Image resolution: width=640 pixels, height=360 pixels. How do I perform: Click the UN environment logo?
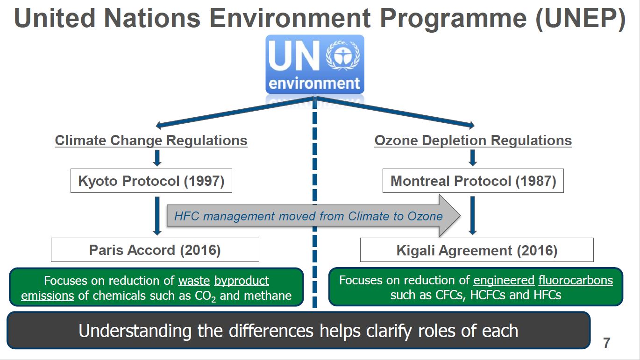pos(314,64)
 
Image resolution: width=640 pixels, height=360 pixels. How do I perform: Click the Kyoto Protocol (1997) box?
pos(151,181)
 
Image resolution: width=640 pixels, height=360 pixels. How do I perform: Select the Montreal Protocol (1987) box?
pos(473,181)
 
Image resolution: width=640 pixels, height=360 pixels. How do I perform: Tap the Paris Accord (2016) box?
pos(155,250)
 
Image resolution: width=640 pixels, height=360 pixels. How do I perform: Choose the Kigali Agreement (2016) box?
pos(477,250)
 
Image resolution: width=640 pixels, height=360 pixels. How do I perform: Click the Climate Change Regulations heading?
pos(151,141)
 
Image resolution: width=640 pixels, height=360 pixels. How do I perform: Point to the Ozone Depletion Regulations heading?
pos(473,141)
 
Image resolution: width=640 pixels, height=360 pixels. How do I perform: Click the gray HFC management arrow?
pos(313,216)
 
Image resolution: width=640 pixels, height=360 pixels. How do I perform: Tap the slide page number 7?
pos(606,343)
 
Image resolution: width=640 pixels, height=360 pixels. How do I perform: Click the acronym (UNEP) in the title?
pos(580,18)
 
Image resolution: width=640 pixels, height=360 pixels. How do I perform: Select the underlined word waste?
pos(194,281)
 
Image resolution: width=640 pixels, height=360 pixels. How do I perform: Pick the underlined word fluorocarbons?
pos(576,280)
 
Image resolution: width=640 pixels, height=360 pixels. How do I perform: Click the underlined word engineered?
pos(504,281)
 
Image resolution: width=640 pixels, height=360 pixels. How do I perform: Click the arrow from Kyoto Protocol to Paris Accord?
pos(157,216)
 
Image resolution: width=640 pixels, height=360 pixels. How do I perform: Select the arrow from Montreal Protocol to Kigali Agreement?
pos(473,216)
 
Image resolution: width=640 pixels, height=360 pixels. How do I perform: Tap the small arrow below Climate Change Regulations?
pos(157,158)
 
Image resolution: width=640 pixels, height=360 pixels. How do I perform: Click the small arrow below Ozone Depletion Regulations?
pos(473,158)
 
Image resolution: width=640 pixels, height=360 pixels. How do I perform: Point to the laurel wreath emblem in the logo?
pos(343,56)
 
